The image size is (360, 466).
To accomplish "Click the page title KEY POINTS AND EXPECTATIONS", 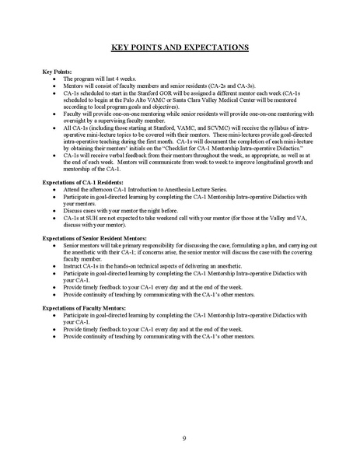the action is (x=180, y=48).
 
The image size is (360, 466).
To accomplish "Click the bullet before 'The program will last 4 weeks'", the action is (x=52, y=79).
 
